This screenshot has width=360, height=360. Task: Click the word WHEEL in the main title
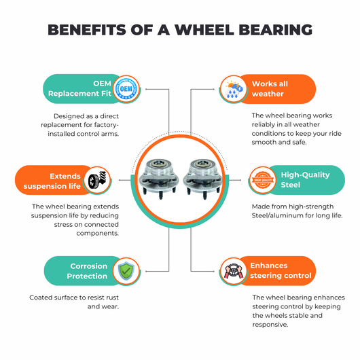[x=204, y=30]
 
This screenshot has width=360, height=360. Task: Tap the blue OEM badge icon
[x=126, y=89]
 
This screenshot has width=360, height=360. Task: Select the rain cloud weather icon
[x=233, y=89]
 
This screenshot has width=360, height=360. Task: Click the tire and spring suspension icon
[x=97, y=180]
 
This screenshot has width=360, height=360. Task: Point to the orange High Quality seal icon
[x=263, y=180]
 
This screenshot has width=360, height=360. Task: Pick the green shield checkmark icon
[x=126, y=271]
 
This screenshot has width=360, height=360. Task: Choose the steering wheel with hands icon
[x=233, y=271]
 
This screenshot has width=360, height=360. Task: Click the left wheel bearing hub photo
[x=159, y=179]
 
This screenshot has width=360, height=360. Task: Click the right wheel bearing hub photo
[x=202, y=179]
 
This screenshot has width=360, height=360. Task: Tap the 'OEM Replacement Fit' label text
[x=79, y=88]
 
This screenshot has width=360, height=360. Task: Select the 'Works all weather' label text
[x=270, y=89]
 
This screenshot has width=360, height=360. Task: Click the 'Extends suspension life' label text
[x=52, y=181]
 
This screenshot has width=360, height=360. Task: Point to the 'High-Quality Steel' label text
[x=306, y=180]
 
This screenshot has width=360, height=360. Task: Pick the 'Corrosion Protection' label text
[x=87, y=271]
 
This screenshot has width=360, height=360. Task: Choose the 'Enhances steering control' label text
[x=281, y=270]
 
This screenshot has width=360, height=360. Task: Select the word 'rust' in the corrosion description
[x=112, y=298]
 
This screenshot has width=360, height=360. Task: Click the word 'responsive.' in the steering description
[x=270, y=325]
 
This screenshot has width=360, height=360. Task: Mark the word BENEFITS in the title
[x=87, y=30]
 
